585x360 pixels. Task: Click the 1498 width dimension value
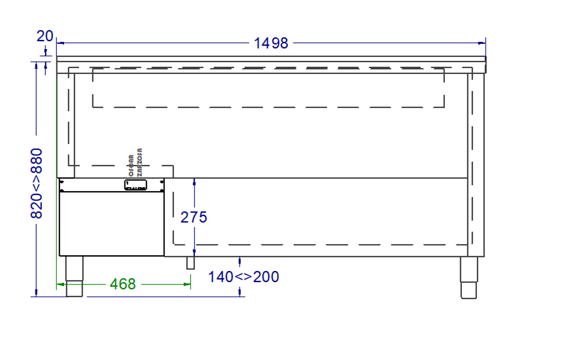point(271,43)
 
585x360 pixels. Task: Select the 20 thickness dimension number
point(44,36)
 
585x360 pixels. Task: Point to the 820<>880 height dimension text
point(37,183)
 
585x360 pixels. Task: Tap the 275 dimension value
point(194,217)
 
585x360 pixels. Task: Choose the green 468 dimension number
point(122,284)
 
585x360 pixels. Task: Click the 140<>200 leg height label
point(243,277)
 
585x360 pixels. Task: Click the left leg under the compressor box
point(75,276)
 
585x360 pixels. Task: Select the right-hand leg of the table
point(469,277)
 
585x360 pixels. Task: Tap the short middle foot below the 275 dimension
point(190,262)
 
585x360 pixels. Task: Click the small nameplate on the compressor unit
point(144,185)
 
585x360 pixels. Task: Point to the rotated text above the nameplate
point(136,164)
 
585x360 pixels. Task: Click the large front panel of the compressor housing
point(111,223)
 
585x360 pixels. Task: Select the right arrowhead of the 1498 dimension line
point(483,43)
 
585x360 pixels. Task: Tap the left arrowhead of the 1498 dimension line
point(60,43)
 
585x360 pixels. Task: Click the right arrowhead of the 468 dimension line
point(188,284)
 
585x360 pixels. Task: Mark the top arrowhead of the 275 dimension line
point(194,181)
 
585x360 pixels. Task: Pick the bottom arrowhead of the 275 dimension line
point(194,253)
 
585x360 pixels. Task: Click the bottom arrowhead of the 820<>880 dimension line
point(37,293)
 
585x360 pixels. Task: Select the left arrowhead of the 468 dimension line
point(60,284)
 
